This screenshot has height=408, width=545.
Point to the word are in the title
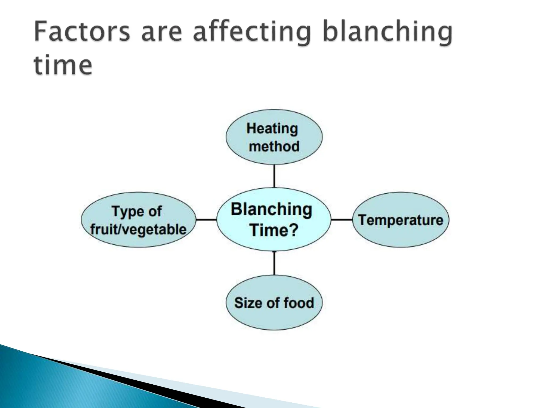tap(162, 33)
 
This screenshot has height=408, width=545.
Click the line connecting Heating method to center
tap(274, 176)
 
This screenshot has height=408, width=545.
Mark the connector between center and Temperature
tap(342, 220)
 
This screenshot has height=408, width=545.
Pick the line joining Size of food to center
tap(274, 263)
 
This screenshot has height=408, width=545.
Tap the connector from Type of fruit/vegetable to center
tap(207, 220)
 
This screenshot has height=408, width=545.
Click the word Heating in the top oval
tap(272, 129)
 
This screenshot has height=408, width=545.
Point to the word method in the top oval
tap(274, 146)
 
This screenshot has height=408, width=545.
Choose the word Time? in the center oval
tap(274, 230)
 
